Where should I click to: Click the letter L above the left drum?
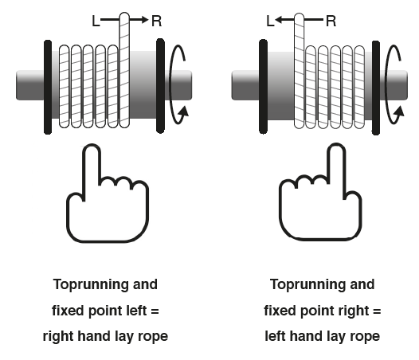coord(96,21)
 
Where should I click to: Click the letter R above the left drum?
coord(157,21)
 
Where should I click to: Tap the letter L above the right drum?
coord(270,21)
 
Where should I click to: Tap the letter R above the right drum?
coord(331,21)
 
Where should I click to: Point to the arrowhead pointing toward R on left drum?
coord(145,19)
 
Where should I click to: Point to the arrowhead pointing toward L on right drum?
coord(279,19)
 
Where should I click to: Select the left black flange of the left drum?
coord(48,87)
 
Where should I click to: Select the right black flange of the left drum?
coord(160,86)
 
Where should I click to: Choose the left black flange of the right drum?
coord(263,86)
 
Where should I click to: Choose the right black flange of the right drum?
coord(376,88)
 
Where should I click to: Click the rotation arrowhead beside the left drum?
coord(184,112)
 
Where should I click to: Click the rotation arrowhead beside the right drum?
coord(399,112)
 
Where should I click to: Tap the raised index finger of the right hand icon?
coord(336,164)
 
